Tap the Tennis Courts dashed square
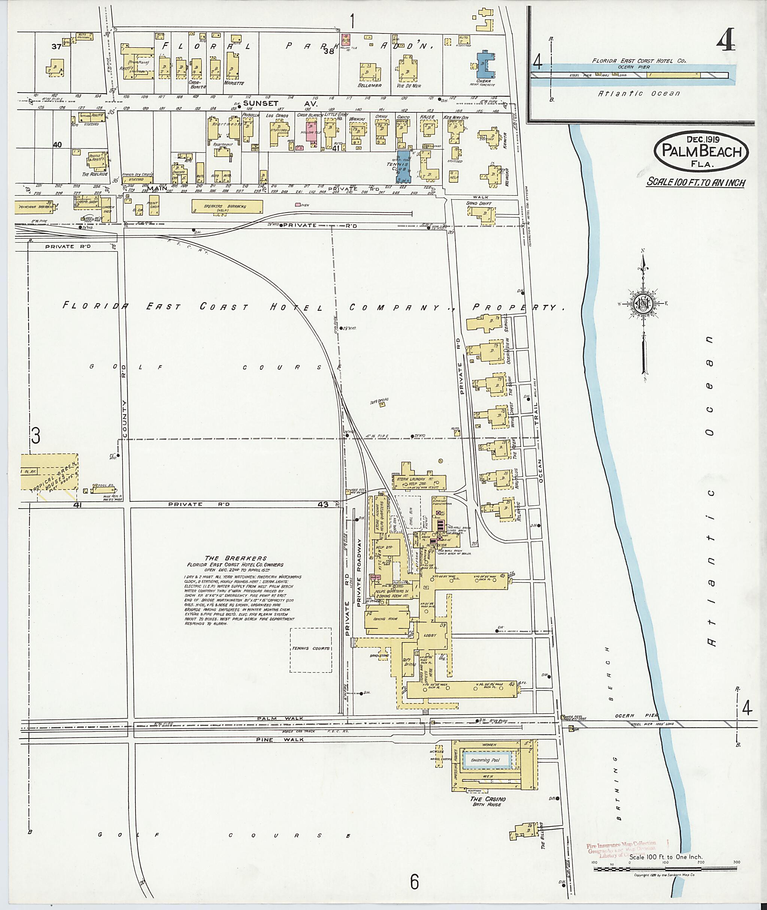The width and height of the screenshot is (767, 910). point(311,650)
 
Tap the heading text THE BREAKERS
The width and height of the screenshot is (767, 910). point(236,558)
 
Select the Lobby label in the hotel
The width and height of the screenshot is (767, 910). point(430,635)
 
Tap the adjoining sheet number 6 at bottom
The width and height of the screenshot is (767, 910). point(414,882)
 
